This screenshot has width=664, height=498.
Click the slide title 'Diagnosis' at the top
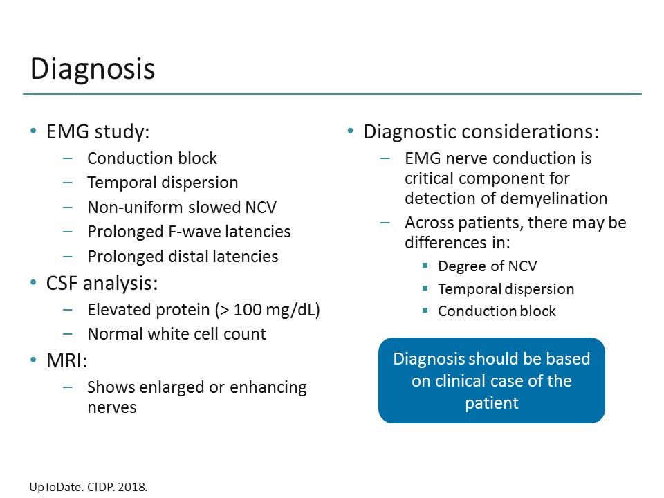(93, 69)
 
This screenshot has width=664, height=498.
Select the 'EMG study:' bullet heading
(98, 131)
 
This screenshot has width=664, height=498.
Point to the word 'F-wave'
(195, 232)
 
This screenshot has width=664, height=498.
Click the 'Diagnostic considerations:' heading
(481, 131)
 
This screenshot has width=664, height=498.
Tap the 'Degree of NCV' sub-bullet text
(487, 267)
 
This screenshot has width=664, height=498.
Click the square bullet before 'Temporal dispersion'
(425, 289)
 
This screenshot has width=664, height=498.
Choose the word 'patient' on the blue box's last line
(491, 403)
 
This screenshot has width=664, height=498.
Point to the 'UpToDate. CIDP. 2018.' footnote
(89, 487)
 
